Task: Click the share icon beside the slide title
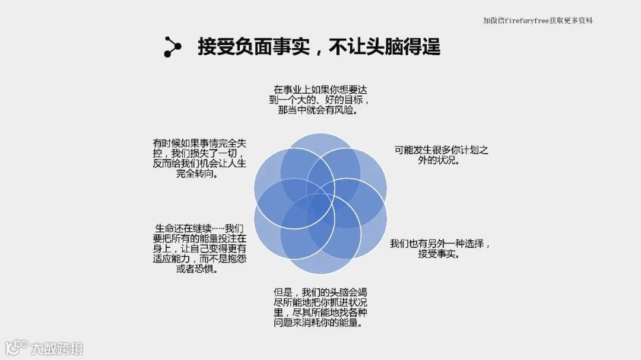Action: click(x=172, y=47)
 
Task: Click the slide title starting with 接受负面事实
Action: click(x=319, y=47)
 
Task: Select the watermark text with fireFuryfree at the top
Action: click(x=538, y=21)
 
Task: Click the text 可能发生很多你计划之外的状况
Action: click(x=441, y=155)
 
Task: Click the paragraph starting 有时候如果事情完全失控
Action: click(x=199, y=158)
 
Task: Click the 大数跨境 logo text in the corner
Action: click(x=57, y=348)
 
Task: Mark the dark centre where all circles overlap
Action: click(x=320, y=204)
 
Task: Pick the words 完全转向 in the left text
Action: click(x=199, y=174)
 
